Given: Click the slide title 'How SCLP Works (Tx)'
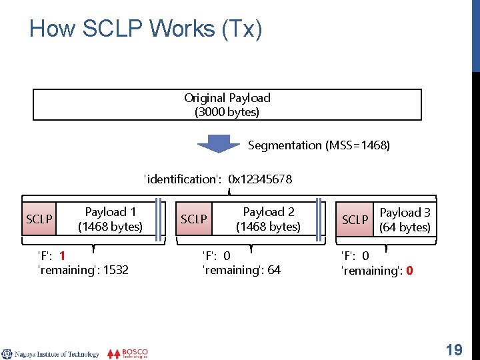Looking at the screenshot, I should (x=146, y=29).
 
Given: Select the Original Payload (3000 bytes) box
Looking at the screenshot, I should (x=227, y=105).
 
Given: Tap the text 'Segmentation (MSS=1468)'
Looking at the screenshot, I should (x=319, y=145).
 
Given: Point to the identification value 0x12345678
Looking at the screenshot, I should (x=260, y=179).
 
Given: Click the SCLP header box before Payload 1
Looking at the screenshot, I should (x=39, y=219).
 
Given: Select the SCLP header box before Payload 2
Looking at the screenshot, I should (x=194, y=219).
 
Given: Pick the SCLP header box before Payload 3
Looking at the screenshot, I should (x=355, y=219).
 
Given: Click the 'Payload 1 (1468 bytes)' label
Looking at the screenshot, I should (x=110, y=219).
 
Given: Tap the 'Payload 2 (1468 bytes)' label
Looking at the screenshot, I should (x=268, y=219).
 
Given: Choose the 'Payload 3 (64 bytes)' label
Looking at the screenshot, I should (x=405, y=219).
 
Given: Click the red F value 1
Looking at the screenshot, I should (x=62, y=255).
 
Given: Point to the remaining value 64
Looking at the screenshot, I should (x=274, y=270).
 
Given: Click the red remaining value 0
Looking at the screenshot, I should (x=409, y=271).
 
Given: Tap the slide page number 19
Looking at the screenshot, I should (x=454, y=349).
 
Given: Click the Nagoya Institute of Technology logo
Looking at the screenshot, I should (x=51, y=354).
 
